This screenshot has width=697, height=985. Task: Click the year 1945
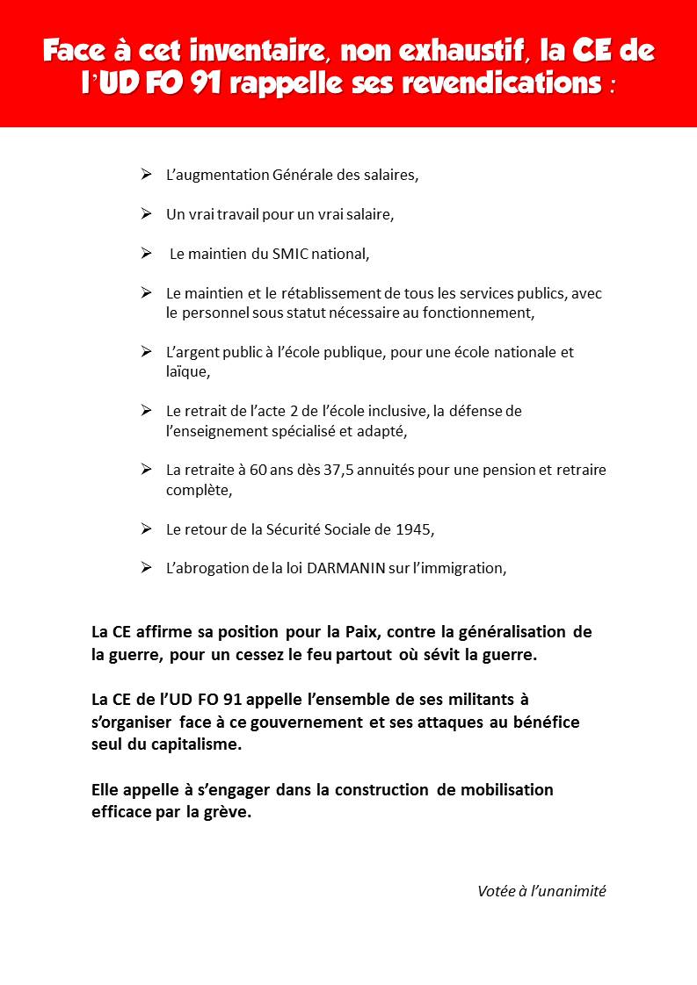tap(414, 529)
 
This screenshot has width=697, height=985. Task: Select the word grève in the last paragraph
tap(229, 811)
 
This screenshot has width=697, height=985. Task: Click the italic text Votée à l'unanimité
tap(541, 890)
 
